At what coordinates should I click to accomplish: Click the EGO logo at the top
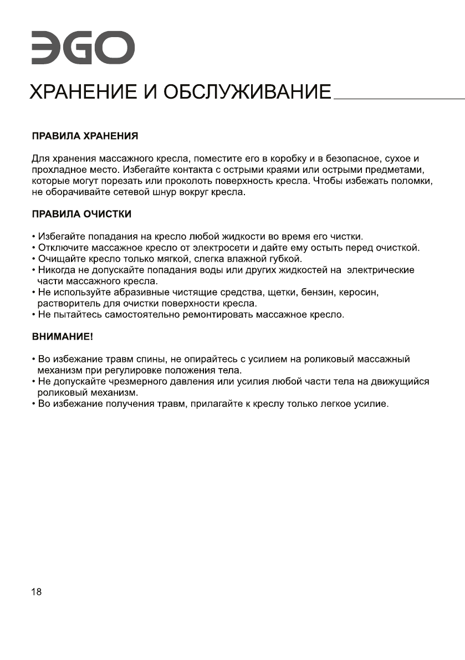82,48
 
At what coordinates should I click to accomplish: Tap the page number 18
36,592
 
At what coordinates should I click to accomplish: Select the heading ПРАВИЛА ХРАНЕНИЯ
84,136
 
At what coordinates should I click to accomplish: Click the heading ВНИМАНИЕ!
62,336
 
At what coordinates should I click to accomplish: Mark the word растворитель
69,304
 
